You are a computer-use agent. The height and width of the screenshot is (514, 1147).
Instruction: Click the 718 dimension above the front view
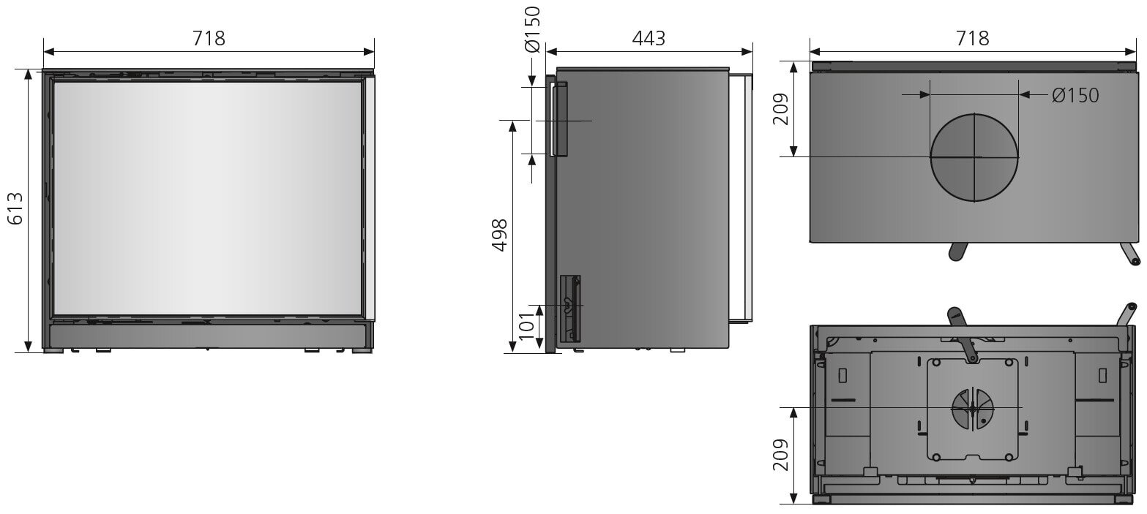point(209,39)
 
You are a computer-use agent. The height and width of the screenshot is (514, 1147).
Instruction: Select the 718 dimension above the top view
point(973,39)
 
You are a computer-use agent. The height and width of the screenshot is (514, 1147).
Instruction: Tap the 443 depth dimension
point(649,39)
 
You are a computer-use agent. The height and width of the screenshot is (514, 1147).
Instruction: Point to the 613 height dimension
point(14,209)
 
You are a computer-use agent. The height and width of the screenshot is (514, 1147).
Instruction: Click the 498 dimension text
point(499,235)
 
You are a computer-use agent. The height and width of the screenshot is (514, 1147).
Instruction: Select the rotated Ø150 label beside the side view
point(532,29)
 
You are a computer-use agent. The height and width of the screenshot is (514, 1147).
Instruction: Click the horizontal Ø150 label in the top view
point(1075,95)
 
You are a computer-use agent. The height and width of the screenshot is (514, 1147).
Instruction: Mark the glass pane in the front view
point(208,197)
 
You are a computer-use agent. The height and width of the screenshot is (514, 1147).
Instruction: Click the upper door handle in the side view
point(560,119)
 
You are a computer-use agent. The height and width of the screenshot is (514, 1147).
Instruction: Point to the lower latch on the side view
point(570,308)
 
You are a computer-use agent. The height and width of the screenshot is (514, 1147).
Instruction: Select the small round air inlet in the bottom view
point(972,408)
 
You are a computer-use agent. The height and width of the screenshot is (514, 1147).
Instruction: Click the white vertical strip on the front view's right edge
point(370,197)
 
